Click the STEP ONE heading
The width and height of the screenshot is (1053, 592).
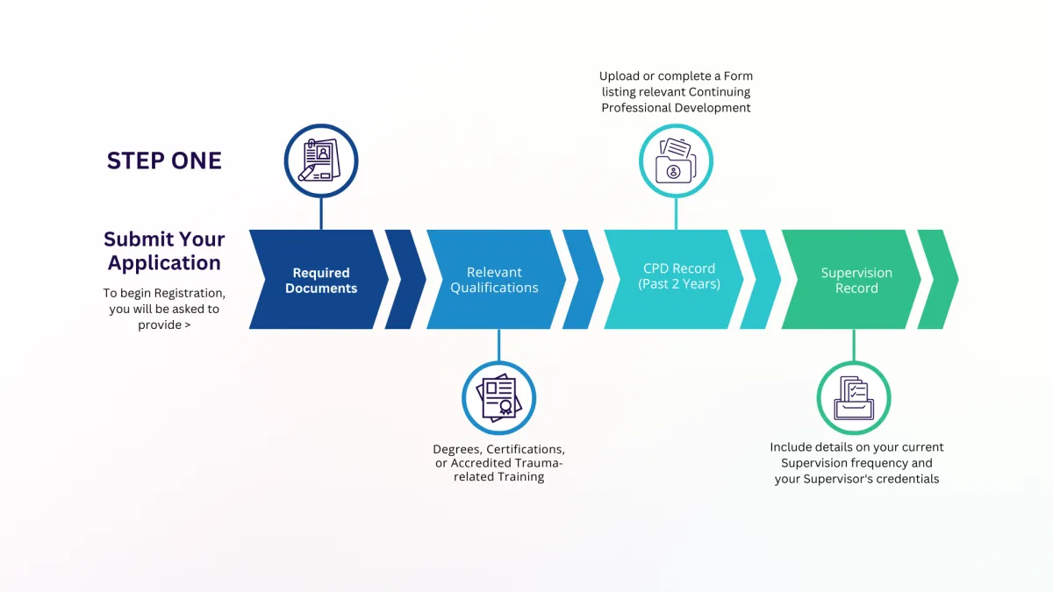(164, 160)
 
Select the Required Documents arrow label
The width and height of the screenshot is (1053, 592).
(321, 281)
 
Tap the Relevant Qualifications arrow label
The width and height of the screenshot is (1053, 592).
(494, 280)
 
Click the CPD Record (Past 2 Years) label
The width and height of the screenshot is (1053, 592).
(679, 275)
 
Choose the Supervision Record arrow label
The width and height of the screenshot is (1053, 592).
(856, 281)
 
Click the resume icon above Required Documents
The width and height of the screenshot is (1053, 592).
(321, 160)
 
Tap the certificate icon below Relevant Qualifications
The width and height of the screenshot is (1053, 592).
(498, 398)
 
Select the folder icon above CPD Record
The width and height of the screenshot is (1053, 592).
(676, 160)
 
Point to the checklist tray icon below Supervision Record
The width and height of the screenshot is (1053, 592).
(854, 398)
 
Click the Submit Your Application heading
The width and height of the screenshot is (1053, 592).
(164, 251)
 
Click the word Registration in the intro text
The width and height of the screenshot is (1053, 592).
(190, 293)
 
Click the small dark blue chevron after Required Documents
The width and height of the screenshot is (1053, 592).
(405, 279)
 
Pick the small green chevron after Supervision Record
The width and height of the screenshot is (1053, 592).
(938, 279)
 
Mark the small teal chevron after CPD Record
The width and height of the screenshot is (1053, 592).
(760, 279)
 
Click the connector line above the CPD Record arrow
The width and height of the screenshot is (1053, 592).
(676, 213)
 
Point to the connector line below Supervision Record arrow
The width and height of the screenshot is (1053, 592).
(854, 346)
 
